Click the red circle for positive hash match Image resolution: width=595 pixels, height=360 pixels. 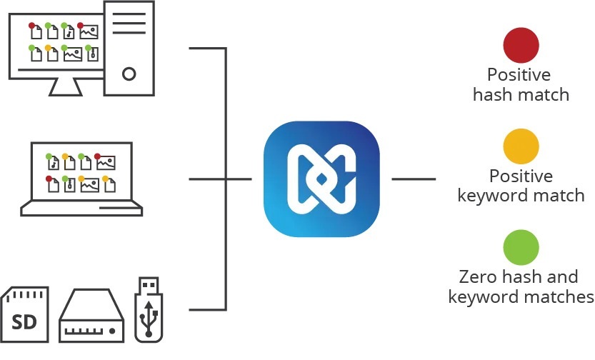coord(521,46)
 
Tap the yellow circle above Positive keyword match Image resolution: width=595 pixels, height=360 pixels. coord(521,146)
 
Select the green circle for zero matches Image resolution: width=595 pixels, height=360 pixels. coord(521,248)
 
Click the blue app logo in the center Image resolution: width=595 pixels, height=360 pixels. coord(321,179)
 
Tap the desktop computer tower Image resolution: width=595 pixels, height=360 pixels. coord(129,48)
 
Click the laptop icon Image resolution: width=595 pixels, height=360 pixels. coord(81,179)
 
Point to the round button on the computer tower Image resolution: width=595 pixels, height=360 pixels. coord(129,73)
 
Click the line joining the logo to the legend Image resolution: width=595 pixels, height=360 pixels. coord(414,179)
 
